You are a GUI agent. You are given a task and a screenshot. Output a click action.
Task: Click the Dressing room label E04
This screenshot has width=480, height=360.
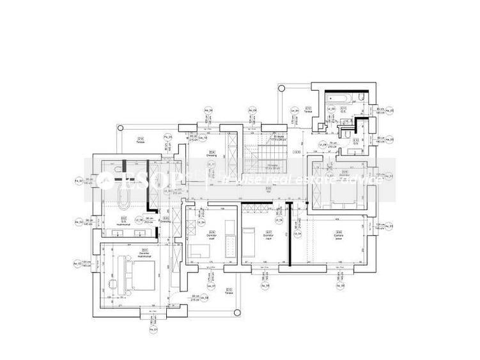[212, 153]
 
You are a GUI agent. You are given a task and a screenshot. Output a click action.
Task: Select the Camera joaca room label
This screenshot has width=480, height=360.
[339, 234]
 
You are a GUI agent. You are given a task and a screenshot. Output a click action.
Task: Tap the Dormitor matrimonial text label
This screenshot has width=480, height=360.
[145, 251]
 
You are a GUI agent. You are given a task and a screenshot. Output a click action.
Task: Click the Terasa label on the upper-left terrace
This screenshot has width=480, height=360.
[140, 141]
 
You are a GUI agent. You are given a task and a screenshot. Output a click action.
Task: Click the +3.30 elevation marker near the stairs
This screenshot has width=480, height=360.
[296, 152]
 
